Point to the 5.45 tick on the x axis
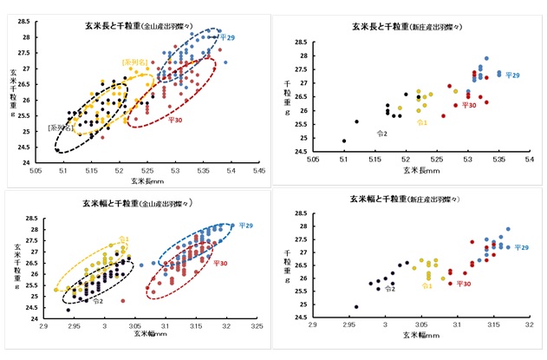(258, 171)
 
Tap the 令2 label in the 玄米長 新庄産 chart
(382, 133)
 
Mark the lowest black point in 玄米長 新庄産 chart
(344, 141)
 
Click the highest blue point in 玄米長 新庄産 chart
(486, 59)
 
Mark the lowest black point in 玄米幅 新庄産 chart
(356, 306)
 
